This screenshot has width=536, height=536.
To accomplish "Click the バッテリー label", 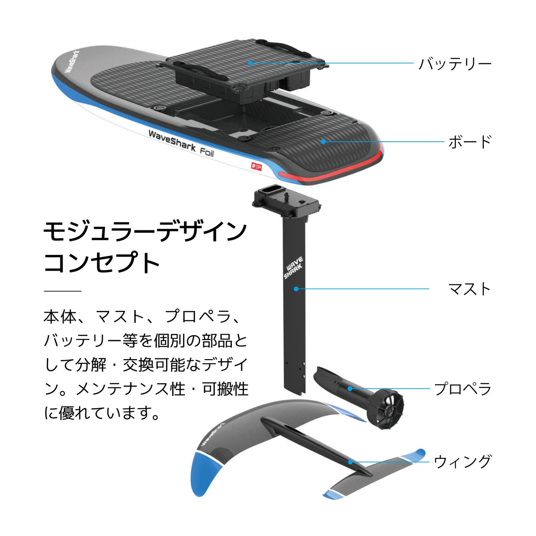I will click(455, 64).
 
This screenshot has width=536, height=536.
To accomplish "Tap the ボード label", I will click(470, 142).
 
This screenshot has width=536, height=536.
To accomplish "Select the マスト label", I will click(469, 289).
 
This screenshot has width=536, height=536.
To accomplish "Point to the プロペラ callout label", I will click(463, 389).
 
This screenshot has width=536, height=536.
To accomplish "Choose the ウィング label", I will click(462, 461).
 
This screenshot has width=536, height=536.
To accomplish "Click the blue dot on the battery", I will click(250, 63).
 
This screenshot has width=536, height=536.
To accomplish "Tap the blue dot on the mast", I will click(296, 289).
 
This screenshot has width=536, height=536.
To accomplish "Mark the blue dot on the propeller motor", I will click(349, 388).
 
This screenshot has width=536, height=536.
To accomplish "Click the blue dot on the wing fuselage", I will click(350, 462).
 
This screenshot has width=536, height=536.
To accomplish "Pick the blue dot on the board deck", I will click(323, 141).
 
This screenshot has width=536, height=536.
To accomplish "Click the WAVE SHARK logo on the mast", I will click(293, 267).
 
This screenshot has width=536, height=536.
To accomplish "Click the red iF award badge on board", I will click(256, 167).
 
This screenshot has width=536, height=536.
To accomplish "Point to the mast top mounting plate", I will click(286, 202).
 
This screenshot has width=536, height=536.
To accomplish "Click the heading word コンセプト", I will click(102, 262).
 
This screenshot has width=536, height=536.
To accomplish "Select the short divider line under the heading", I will click(62, 291).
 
